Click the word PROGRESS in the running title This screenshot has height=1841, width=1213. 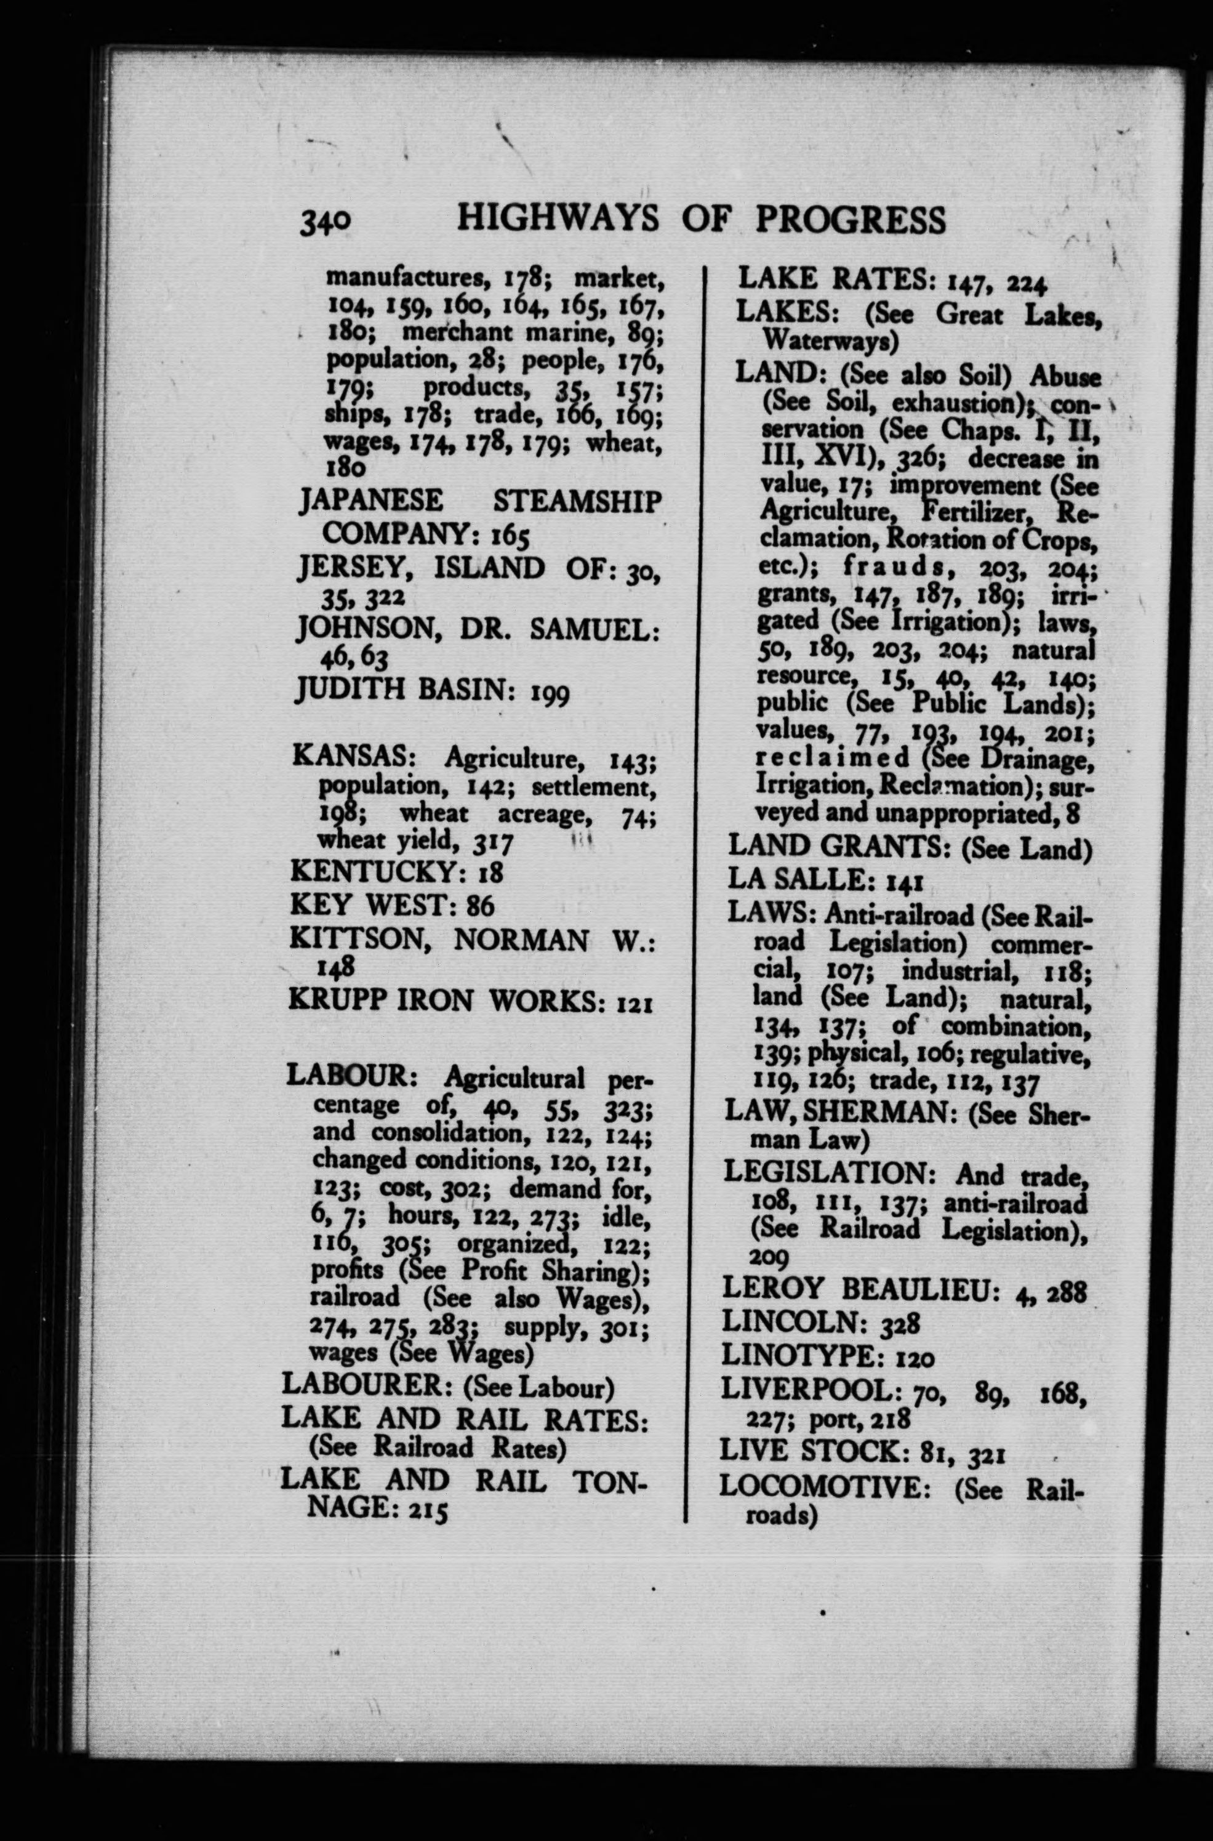click(850, 220)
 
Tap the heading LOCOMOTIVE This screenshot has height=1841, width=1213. click(830, 1488)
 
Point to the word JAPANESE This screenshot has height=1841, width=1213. click(372, 501)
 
